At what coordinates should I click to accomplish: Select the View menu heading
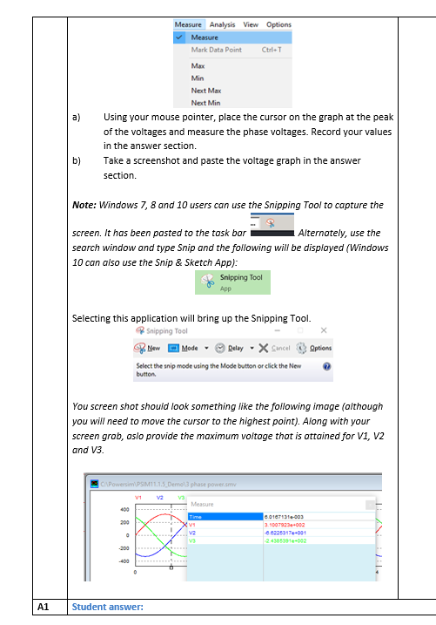[x=251, y=24]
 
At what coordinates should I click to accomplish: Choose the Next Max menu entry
[x=206, y=91]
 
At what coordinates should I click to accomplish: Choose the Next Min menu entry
[x=205, y=103]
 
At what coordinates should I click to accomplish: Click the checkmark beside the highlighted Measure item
[x=179, y=37]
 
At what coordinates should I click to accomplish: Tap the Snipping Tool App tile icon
[x=207, y=281]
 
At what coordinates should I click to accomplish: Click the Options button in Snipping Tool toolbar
[x=315, y=348]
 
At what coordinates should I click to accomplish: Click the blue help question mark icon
[x=326, y=367]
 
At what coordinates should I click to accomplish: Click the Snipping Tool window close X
[x=323, y=330]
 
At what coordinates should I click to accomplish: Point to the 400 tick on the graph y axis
[x=124, y=509]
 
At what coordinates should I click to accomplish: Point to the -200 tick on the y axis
[x=124, y=548]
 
